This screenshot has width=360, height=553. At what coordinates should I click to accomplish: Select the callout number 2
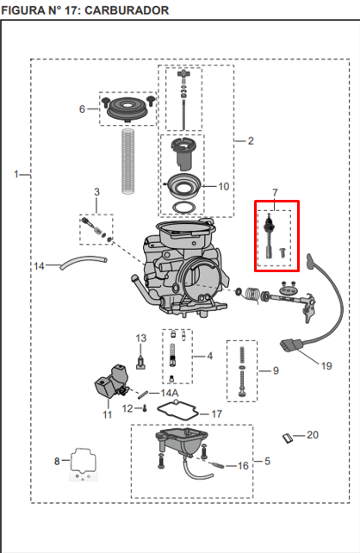251,140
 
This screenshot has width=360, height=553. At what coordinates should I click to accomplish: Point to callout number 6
83,109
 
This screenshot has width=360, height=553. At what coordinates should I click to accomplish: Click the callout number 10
224,186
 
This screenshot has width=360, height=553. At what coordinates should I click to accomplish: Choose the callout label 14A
170,393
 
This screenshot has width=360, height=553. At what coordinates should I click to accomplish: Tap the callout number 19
326,366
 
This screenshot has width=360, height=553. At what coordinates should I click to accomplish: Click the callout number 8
58,462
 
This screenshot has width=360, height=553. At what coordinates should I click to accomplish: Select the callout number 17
217,414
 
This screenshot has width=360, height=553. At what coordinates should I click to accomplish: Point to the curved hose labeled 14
82,263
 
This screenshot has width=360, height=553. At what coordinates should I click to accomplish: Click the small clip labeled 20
290,438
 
